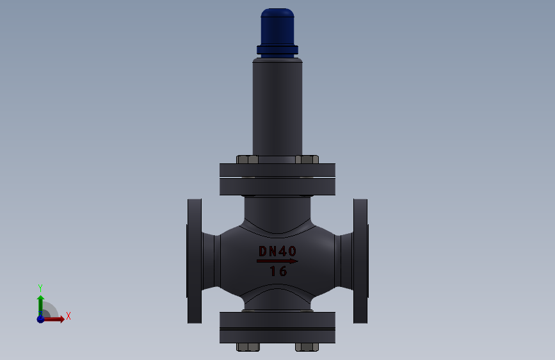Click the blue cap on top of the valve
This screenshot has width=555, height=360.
pos(278,27)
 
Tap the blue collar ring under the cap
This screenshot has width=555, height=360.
pos(278,50)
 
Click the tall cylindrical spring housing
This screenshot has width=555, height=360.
pos(278,107)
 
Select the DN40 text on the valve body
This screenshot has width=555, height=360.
pos(278,251)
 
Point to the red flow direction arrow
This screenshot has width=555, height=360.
pos(278,261)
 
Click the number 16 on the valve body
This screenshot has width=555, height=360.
pos(278,272)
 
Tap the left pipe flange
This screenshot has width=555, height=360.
pos(195,261)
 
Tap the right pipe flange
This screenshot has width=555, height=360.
pos(360,261)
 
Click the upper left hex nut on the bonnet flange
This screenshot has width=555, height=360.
pos(248,160)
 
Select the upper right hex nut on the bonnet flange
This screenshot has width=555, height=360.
pos(307,160)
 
